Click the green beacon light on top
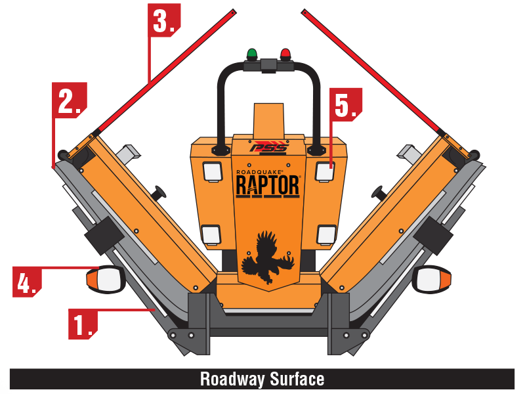(x=251, y=54)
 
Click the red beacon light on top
(x=285, y=54)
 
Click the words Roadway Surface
(x=262, y=379)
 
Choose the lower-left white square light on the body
(x=210, y=233)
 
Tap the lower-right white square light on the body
(x=325, y=233)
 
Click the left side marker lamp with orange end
(x=106, y=280)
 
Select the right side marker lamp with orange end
(x=432, y=280)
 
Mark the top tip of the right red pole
(x=304, y=11)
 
